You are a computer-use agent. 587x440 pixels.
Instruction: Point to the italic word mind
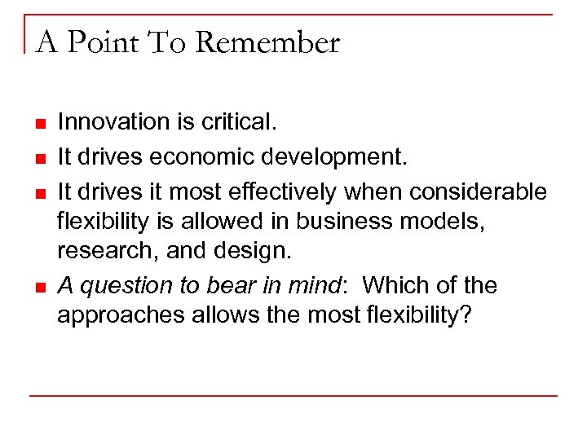pyautogui.click(x=318, y=285)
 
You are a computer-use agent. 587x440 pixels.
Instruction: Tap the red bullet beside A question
pyautogui.click(x=39, y=288)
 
